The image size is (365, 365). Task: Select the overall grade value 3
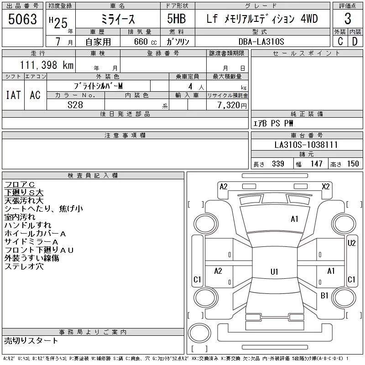347,19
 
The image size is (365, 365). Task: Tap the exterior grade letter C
339,41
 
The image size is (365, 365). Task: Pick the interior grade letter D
355,41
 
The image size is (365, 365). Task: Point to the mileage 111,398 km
46,65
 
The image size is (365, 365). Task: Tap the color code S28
75,104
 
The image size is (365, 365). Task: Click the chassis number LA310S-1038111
306,145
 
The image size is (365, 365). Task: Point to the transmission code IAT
13,95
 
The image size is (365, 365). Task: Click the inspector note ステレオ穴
24,266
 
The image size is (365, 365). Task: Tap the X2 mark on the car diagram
326,186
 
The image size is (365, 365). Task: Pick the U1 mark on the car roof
274,272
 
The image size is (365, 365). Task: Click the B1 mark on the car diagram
324,296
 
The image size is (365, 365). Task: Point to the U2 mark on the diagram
351,243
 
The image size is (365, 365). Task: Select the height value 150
353,164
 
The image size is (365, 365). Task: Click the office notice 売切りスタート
31,340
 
